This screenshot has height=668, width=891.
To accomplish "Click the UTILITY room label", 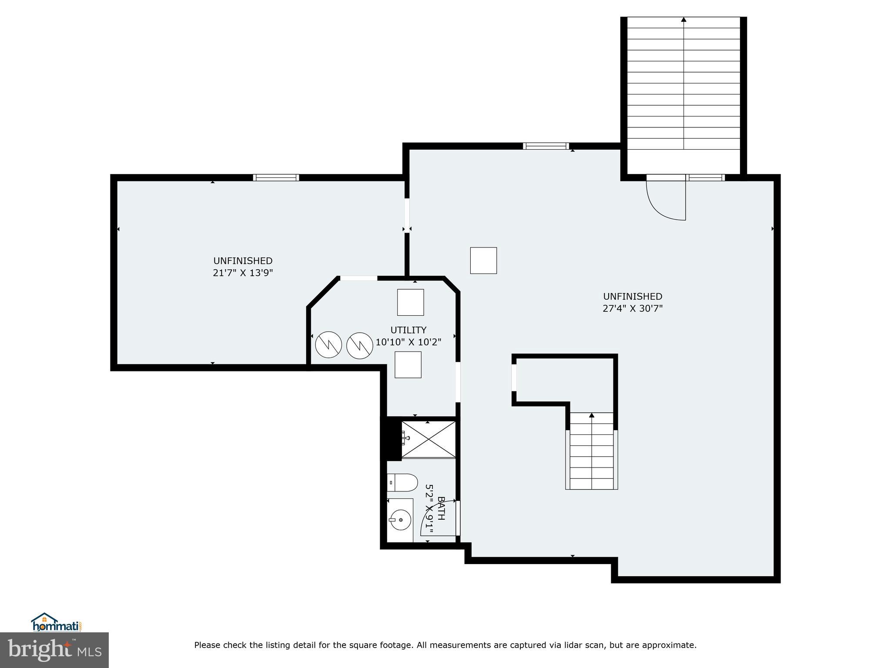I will [x=408, y=330].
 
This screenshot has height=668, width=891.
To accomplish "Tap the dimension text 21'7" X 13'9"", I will [x=243, y=273].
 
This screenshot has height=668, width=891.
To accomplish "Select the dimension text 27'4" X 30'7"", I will [x=632, y=309].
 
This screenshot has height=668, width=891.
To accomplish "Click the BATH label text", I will [x=441, y=508].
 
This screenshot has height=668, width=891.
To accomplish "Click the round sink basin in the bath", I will [x=400, y=520].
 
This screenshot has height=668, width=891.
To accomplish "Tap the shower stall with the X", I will [x=428, y=439].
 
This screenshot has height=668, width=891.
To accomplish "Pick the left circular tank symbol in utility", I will [x=328, y=345].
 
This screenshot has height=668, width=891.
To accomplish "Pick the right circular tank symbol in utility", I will [x=360, y=346].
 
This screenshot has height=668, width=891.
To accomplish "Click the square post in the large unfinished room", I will [x=483, y=261].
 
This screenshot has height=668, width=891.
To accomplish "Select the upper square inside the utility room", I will [x=410, y=302].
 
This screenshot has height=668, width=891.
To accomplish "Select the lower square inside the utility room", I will [x=408, y=364].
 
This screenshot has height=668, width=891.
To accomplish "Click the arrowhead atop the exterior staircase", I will [x=683, y=20].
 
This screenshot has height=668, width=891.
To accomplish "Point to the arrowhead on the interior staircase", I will [x=591, y=415].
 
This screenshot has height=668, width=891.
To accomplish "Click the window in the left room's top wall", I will [x=276, y=177].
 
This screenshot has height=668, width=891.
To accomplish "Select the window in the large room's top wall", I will [x=546, y=146].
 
